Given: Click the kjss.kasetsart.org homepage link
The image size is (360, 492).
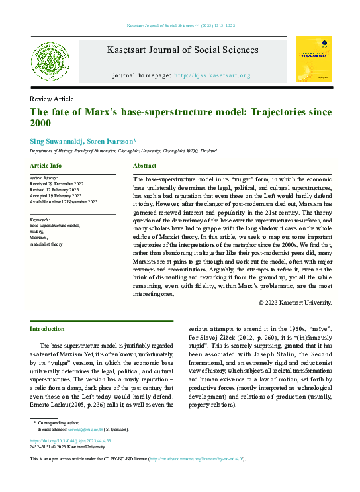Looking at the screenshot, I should tap(221, 75).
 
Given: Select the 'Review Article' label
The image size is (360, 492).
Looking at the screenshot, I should tap(52, 99).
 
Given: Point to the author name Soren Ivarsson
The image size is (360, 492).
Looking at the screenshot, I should tap(113, 142).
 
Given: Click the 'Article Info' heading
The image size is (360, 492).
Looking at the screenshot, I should tap(46, 165).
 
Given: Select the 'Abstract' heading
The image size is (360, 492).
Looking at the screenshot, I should tap(144, 165).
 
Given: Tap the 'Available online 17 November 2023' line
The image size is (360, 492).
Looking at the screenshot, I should tap(64, 202).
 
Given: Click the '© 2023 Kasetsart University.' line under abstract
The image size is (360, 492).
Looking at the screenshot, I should tap(294, 302).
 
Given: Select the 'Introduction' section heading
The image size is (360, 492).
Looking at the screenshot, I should tap(48, 329).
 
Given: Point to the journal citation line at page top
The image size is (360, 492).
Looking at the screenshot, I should tap(180, 26).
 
